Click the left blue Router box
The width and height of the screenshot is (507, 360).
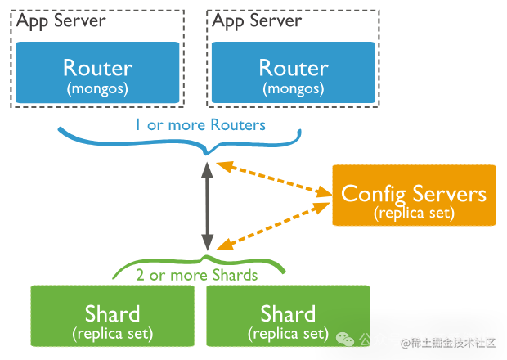(x=97, y=74)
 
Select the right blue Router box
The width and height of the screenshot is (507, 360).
(x=294, y=74)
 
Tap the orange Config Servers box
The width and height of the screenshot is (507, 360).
(x=414, y=195)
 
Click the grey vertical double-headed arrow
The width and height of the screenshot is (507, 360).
(x=208, y=205)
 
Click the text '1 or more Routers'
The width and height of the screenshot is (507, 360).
(x=200, y=125)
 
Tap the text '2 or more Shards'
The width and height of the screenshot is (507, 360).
(x=197, y=275)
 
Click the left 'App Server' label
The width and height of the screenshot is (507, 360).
(x=61, y=20)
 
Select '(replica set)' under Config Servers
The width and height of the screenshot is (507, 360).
(x=414, y=213)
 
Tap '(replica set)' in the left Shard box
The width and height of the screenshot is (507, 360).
(x=112, y=334)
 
